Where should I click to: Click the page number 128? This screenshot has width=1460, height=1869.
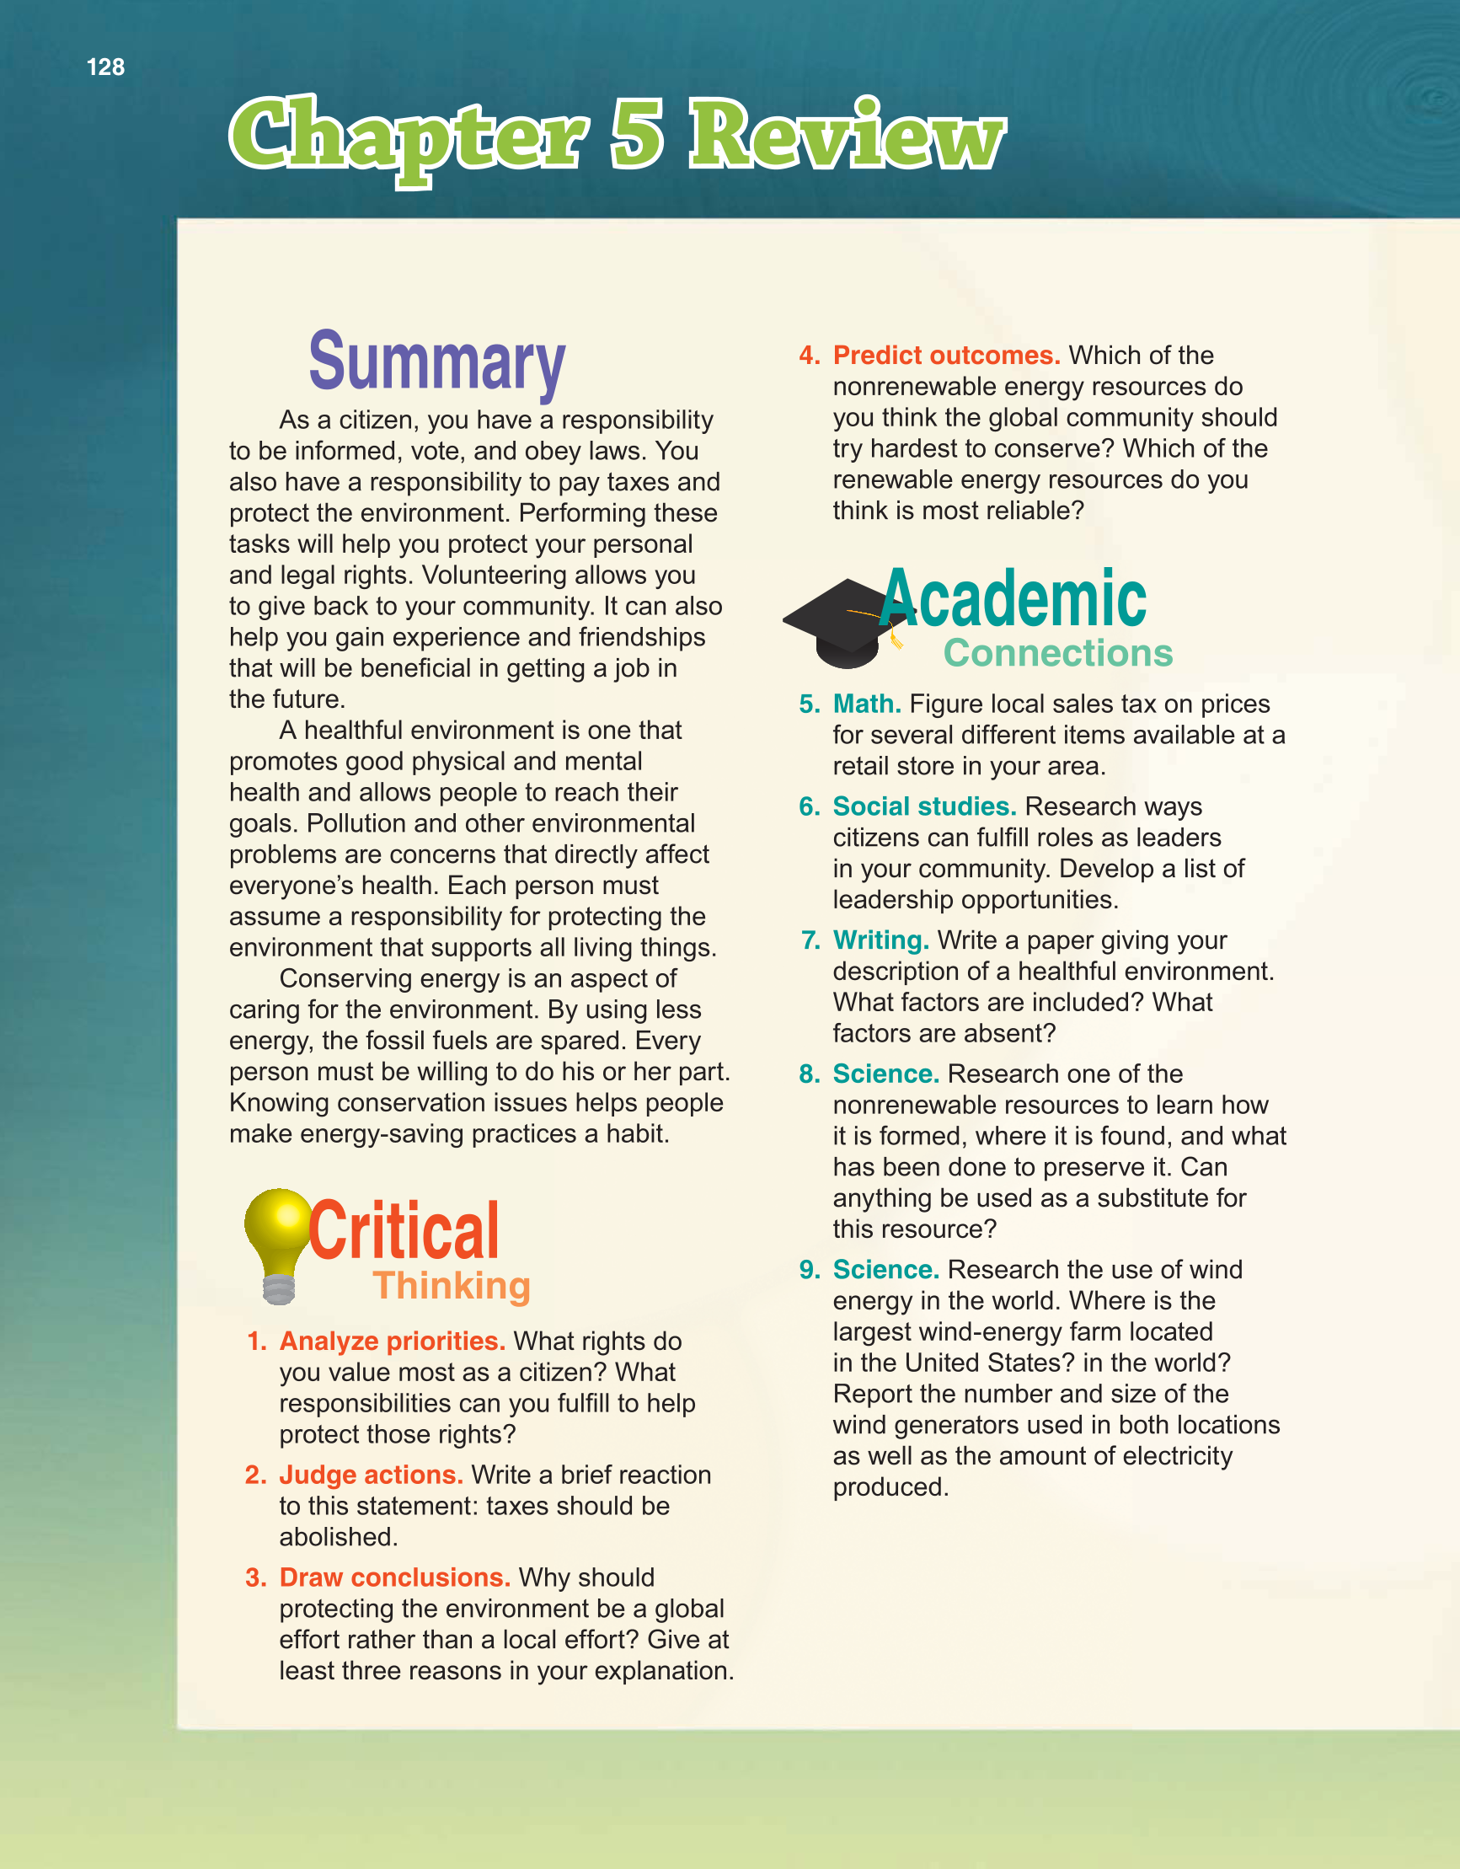[x=105, y=67]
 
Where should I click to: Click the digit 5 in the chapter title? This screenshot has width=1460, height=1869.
[x=638, y=134]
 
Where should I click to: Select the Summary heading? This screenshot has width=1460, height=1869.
[x=436, y=362]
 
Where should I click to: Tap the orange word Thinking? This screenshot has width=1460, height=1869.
[x=452, y=1286]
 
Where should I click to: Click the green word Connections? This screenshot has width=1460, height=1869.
[x=1058, y=653]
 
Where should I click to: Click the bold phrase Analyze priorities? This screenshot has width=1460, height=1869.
[x=392, y=1341]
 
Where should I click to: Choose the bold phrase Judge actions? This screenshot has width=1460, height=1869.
[x=371, y=1475]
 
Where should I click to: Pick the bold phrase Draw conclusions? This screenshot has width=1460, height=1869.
[x=394, y=1577]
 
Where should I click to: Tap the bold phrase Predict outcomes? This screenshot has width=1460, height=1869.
[x=947, y=355]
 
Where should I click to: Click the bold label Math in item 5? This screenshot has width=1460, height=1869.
[x=866, y=704]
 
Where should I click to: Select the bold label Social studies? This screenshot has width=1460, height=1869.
[x=924, y=806]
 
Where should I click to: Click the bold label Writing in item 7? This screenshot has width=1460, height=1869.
[x=880, y=940]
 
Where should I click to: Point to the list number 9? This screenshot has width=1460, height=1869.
[x=808, y=1269]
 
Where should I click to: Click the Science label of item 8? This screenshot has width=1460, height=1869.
[x=885, y=1074]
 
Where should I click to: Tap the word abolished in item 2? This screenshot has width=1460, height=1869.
[x=338, y=1537]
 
